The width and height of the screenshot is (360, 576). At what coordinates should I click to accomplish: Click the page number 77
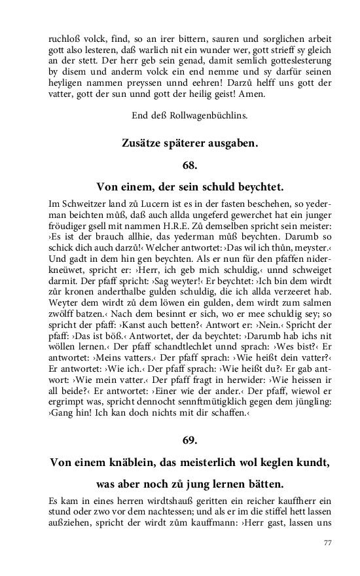(328, 543)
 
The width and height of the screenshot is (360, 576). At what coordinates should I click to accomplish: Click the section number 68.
(180, 164)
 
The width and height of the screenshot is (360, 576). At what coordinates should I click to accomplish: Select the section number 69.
(180, 438)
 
